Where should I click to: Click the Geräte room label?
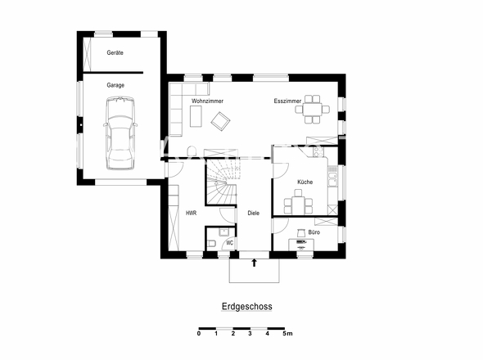click(x=115, y=52)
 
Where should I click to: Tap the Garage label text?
click(x=115, y=85)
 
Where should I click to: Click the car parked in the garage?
click(x=120, y=133)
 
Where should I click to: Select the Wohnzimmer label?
click(x=207, y=101)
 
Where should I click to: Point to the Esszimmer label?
click(x=287, y=101)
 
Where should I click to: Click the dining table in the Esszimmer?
click(x=313, y=109)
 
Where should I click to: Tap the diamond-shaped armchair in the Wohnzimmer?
click(x=220, y=121)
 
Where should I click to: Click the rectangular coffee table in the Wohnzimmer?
click(x=196, y=116)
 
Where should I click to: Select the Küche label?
click(x=305, y=182)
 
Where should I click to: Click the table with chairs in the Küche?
click(x=298, y=202)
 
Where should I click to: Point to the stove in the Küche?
click(x=318, y=151)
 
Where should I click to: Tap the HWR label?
click(x=191, y=213)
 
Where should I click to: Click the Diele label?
click(x=254, y=213)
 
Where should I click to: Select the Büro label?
click(x=314, y=232)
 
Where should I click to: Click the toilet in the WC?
click(x=212, y=243)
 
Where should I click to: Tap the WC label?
click(x=230, y=243)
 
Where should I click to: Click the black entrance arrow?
click(x=254, y=263)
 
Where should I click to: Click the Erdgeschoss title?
click(x=247, y=307)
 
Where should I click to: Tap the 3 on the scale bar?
click(x=251, y=333)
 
